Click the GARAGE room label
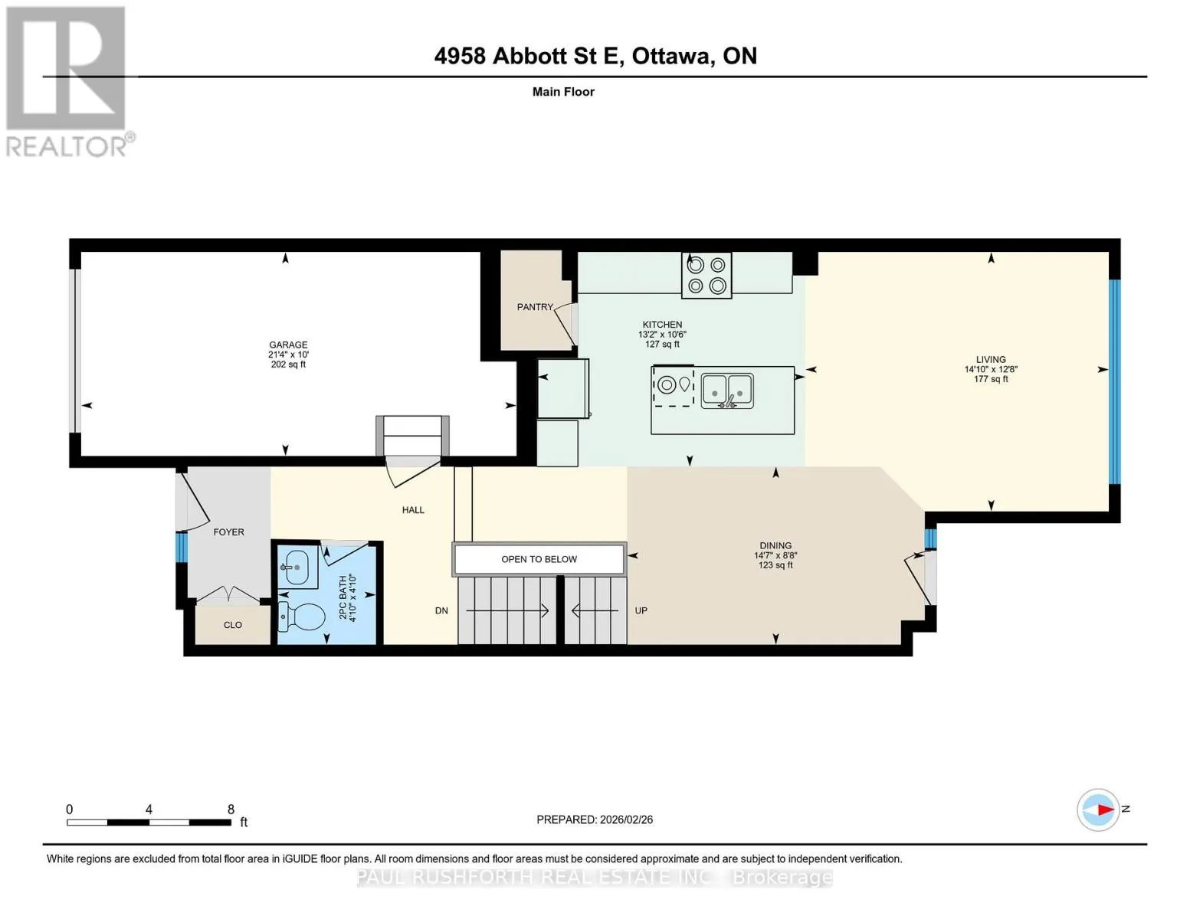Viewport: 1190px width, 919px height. tap(288, 345)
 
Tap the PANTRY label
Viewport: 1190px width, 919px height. tap(535, 306)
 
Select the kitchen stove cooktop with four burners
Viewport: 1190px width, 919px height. tap(706, 275)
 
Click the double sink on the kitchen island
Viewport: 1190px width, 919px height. tap(726, 391)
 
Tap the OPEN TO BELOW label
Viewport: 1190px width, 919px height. tap(539, 559)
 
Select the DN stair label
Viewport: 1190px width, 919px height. tap(441, 610)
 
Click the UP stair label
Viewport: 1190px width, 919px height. tap(641, 610)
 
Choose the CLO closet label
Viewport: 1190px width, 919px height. tap(233, 624)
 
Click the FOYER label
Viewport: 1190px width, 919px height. tap(228, 531)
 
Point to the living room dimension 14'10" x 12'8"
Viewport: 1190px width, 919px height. tap(991, 369)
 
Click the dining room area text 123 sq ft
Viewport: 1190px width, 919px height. tap(775, 565)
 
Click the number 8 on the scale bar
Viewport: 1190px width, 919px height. tap(231, 809)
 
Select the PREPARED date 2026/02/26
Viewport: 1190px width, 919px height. tap(626, 819)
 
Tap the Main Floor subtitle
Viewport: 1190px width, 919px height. tap(563, 91)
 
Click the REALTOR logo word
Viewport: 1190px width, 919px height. tap(66, 146)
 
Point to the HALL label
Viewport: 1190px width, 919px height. tap(413, 509)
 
